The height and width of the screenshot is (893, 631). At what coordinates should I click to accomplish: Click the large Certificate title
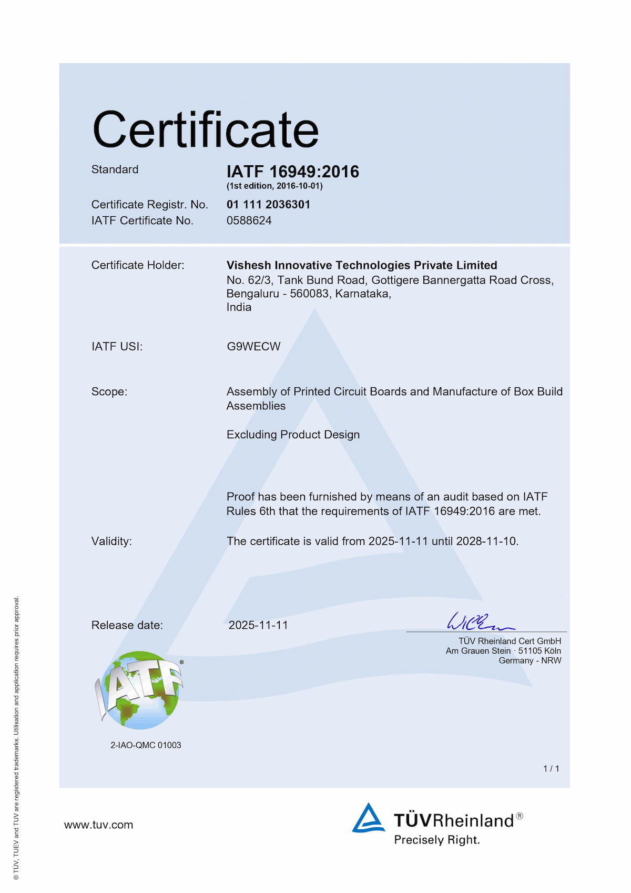pyautogui.click(x=206, y=129)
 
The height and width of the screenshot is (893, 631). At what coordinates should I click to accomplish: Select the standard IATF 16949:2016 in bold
pyautogui.click(x=293, y=172)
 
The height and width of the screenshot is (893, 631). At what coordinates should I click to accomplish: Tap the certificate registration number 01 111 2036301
pyautogui.click(x=268, y=204)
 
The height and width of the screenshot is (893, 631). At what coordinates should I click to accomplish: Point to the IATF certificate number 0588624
pyautogui.click(x=249, y=220)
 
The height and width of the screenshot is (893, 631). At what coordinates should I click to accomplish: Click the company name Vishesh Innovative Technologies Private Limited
pyautogui.click(x=362, y=265)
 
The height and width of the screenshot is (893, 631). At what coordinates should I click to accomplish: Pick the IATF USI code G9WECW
pyautogui.click(x=253, y=346)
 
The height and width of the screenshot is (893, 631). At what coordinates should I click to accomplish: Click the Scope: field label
pyautogui.click(x=109, y=392)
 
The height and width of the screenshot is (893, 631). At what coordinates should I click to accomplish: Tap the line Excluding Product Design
pyautogui.click(x=293, y=435)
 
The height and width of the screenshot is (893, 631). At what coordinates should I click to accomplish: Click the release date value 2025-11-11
pyautogui.click(x=258, y=625)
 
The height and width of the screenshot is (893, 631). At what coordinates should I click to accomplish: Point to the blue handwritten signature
pyautogui.click(x=479, y=621)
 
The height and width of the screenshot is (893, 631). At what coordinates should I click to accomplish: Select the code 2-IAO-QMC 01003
pyautogui.click(x=146, y=745)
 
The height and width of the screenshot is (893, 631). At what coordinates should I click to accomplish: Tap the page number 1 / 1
pyautogui.click(x=551, y=769)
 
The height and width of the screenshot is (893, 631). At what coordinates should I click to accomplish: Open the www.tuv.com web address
pyautogui.click(x=99, y=825)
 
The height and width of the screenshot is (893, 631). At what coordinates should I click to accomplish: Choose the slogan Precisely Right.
pyautogui.click(x=437, y=840)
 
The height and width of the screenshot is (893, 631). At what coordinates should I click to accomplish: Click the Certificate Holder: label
pyautogui.click(x=138, y=265)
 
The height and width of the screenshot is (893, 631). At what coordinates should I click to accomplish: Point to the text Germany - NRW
pyautogui.click(x=530, y=660)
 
